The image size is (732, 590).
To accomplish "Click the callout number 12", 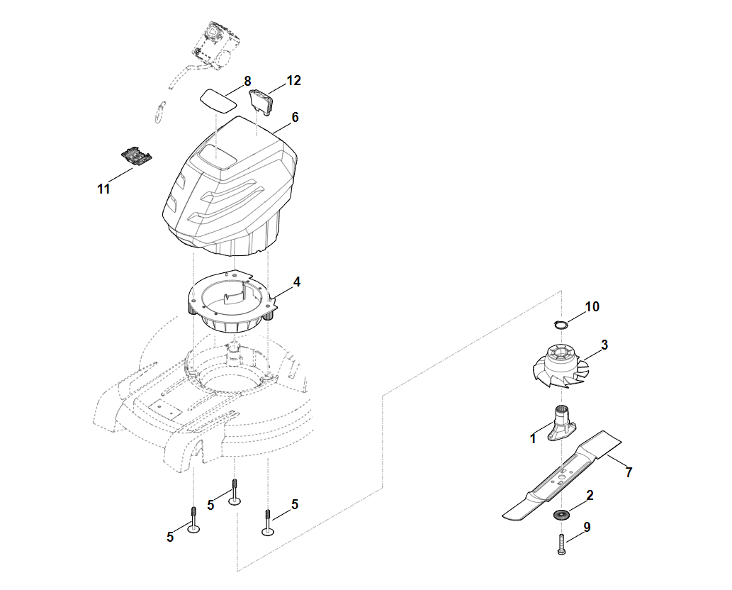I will point(293,81).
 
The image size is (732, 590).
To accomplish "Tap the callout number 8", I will point(247,81).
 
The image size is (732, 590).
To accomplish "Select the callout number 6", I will point(295,117).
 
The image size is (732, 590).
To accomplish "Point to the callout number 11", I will point(103,189).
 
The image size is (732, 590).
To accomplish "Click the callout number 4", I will point(297,282).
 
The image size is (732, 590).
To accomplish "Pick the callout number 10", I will point(592,306).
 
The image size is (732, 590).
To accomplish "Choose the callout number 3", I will point(604,345).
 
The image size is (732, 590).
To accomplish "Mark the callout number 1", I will point(533,439).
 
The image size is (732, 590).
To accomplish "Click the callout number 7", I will point(629,472).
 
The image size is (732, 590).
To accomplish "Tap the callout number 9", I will point(587,527).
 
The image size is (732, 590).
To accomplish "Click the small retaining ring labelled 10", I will point(561,325).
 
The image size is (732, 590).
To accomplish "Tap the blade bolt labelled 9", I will point(562,545).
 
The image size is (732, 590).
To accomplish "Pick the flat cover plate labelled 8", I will point(220,98).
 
